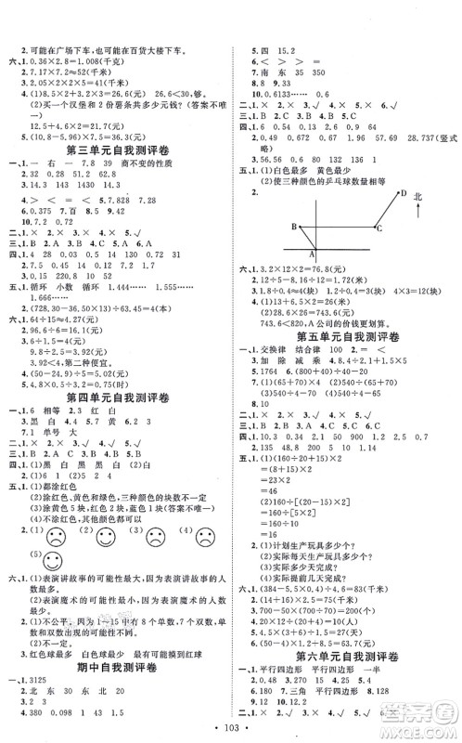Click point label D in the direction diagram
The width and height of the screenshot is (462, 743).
pyautogui.click(x=404, y=192)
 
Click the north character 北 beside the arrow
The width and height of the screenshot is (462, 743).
pyautogui.click(x=426, y=198)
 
